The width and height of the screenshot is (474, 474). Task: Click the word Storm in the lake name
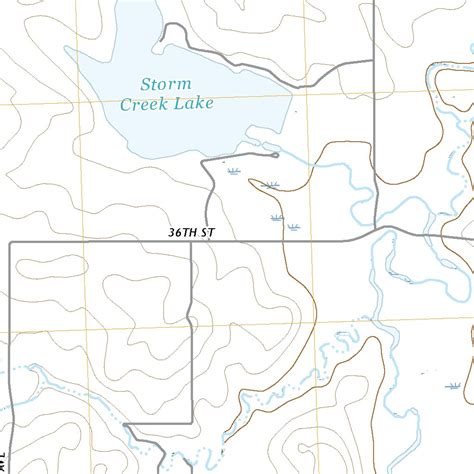pos(166,84)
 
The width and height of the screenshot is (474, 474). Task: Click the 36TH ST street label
pos(192,233)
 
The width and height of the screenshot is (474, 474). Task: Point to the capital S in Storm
pos(146,84)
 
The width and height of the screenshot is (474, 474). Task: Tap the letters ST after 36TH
pos(208,233)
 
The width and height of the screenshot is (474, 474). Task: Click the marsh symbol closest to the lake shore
pos(233,171)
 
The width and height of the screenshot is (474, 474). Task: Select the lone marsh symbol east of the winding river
pos(453,384)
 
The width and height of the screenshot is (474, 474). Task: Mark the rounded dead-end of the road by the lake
pos(275,155)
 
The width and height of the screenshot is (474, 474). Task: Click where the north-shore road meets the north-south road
pos(372,62)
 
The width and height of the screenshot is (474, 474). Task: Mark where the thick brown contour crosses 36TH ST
pos(285,241)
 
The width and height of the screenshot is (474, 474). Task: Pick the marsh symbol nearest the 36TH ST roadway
pos(293,228)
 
